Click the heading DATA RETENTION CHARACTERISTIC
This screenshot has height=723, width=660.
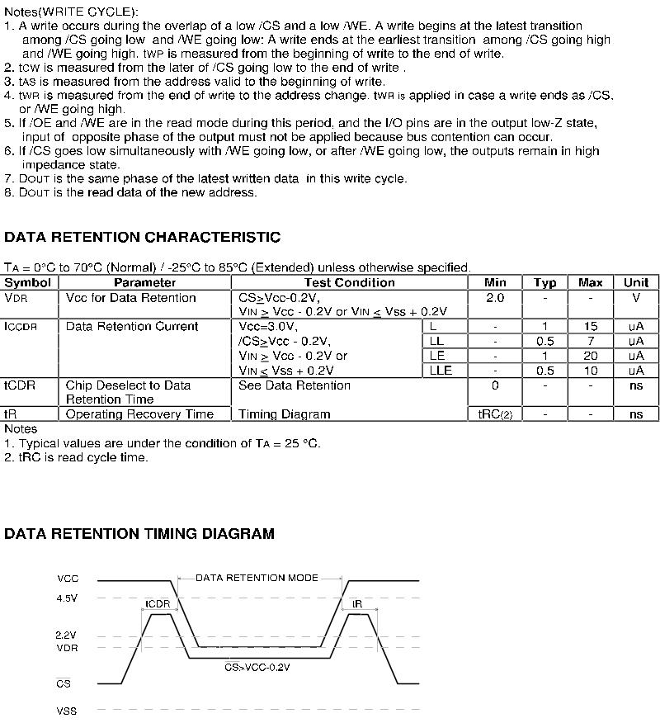point(143,238)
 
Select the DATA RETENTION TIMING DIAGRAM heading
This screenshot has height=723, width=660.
point(139,534)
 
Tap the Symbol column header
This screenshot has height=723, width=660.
point(28,282)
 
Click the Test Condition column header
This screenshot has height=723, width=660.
point(350,282)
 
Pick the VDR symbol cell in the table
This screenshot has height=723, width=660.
point(16,298)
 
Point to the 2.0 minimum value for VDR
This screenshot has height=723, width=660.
point(495,298)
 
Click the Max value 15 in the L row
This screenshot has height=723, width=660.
point(591,327)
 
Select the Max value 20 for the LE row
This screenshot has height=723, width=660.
point(591,356)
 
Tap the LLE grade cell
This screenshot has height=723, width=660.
point(441,371)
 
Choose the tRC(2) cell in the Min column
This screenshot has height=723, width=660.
point(495,414)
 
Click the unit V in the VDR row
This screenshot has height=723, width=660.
point(635,298)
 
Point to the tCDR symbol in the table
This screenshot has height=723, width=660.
point(17,385)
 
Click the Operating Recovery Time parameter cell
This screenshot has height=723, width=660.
point(139,414)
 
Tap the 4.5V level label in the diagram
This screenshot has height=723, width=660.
point(67,598)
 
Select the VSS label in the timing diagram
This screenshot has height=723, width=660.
point(67,711)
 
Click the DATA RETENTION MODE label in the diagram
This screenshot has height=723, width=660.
point(257,578)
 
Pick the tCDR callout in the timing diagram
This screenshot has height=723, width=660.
point(158,604)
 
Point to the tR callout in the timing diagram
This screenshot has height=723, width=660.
point(357,604)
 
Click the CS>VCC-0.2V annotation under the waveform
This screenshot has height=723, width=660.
point(257,666)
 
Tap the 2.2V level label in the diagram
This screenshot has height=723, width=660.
point(66,636)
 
